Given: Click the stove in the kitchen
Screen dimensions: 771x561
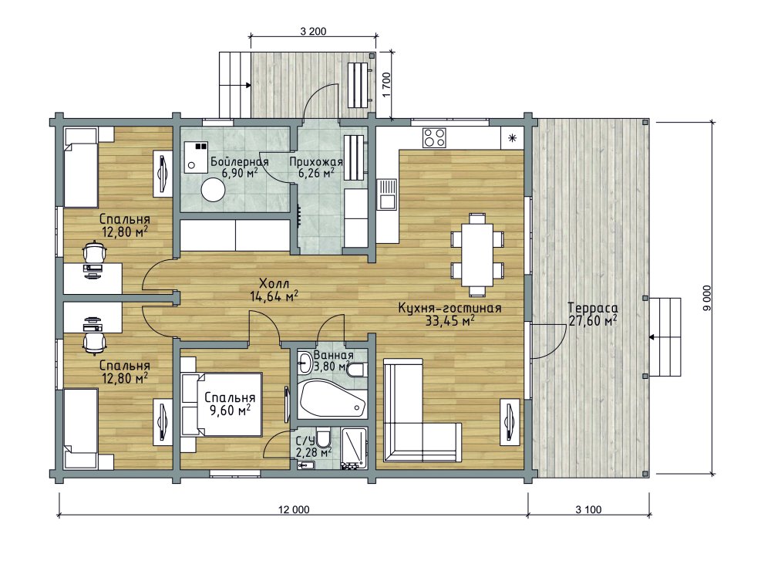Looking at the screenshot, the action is click(434, 138).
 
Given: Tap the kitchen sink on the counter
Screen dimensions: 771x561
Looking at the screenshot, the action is click(386, 194).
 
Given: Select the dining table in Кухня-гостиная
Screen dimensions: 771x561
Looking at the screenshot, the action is click(477, 255).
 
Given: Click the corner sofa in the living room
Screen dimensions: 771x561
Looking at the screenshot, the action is click(422, 410).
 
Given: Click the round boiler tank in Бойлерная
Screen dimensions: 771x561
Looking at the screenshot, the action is click(213, 190).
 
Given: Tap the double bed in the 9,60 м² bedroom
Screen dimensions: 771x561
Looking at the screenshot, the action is click(221, 404).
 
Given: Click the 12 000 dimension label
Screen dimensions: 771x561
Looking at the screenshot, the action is click(294, 510).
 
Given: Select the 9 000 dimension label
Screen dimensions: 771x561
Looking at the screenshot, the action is click(707, 298).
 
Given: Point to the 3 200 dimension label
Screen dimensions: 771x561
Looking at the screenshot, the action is click(313, 32).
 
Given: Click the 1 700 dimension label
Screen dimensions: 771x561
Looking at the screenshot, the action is click(386, 85).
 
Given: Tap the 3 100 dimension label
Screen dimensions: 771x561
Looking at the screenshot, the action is click(588, 510).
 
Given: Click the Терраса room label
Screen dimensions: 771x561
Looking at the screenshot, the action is click(593, 308).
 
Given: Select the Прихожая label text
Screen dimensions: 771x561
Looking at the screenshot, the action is click(315, 161).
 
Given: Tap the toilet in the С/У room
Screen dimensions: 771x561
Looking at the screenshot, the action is click(323, 437).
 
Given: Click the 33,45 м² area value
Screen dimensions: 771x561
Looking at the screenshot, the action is click(449, 321).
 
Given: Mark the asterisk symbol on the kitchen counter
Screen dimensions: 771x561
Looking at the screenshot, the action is click(513, 138).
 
